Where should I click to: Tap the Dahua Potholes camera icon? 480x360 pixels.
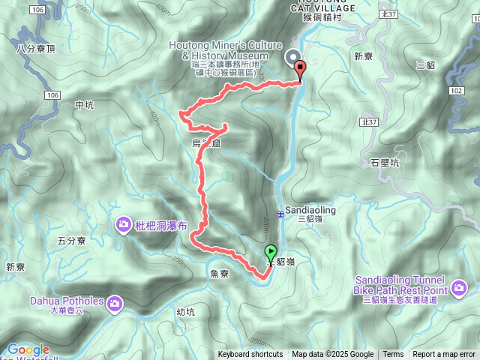pyautogui.click(x=115, y=303)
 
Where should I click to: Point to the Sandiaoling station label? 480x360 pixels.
pyautogui.click(x=310, y=211)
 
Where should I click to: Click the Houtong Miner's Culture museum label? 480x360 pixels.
pyautogui.click(x=218, y=50)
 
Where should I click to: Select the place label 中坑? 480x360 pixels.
pyautogui.click(x=85, y=105)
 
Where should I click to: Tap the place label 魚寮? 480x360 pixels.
pyautogui.click(x=220, y=274)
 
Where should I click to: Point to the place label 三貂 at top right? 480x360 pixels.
pyautogui.click(x=426, y=64)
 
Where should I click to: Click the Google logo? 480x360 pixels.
pyautogui.click(x=28, y=349)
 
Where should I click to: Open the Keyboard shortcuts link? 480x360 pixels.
pyautogui.click(x=250, y=355)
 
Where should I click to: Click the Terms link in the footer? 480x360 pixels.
pyautogui.click(x=393, y=355)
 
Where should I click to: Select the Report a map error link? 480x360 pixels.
pyautogui.click(x=444, y=355)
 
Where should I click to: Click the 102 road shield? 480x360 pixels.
pyautogui.click(x=456, y=90)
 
